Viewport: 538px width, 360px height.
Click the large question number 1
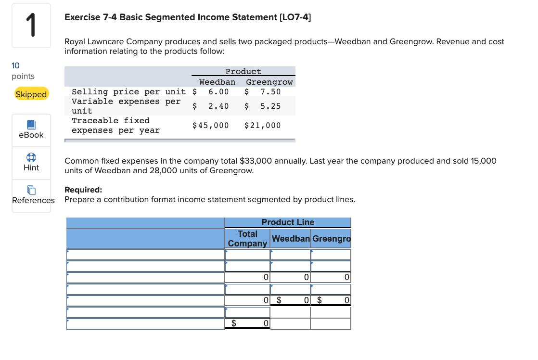pyautogui.click(x=31, y=26)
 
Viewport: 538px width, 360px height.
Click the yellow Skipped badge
pyautogui.click(x=31, y=94)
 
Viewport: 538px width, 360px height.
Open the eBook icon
pyautogui.click(x=31, y=125)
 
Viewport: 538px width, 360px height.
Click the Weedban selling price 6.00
pyautogui.click(x=218, y=91)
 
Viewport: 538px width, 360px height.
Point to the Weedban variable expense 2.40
pyautogui.click(x=218, y=106)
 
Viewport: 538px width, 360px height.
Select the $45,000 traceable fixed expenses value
pyautogui.click(x=210, y=126)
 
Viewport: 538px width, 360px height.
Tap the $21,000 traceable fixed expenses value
pyautogui.click(x=262, y=126)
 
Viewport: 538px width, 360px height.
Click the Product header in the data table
pyautogui.click(x=243, y=72)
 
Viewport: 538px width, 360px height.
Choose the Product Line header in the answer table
pyautogui.click(x=288, y=222)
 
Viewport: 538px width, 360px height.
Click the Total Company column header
pyautogui.click(x=247, y=239)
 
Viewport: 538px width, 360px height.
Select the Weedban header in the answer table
pyautogui.click(x=291, y=239)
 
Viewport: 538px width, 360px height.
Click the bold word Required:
pyautogui.click(x=83, y=190)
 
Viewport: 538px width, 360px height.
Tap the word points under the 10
pyautogui.click(x=23, y=76)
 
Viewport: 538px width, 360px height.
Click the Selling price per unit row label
pyautogui.click(x=128, y=91)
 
